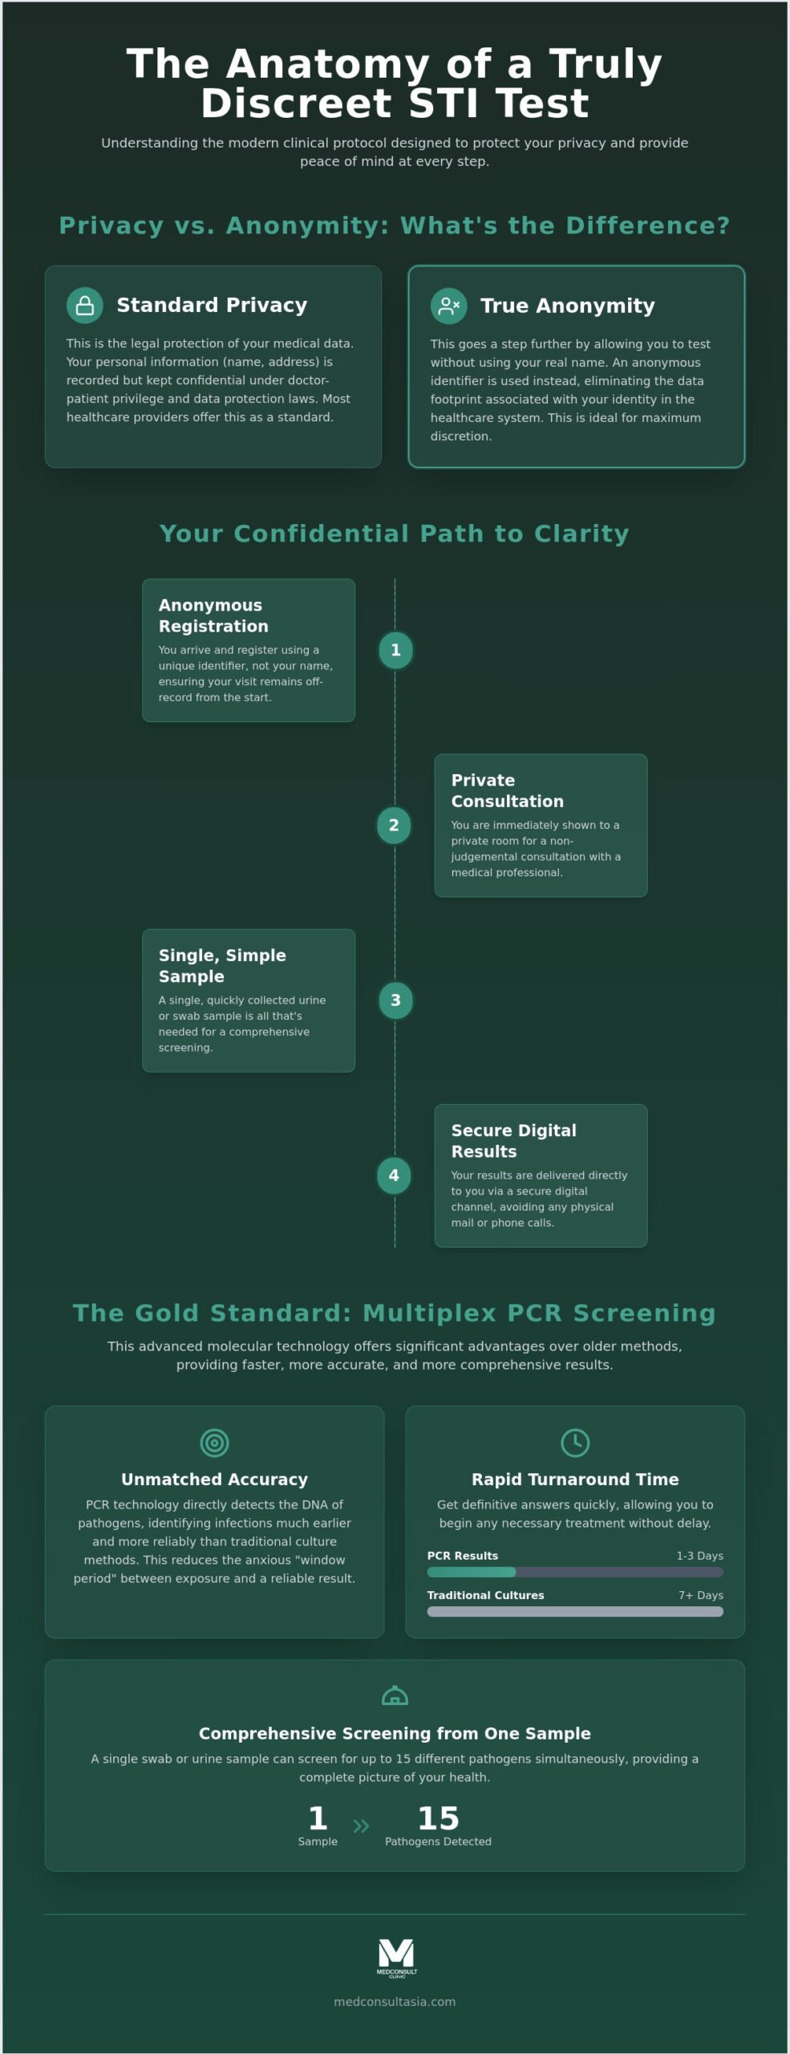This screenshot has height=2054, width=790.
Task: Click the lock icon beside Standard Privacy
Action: click(x=84, y=306)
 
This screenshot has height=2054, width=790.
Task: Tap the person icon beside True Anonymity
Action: click(x=448, y=306)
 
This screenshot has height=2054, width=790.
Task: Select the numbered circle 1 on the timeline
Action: click(x=395, y=650)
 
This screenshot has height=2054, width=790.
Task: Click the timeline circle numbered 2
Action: click(x=394, y=825)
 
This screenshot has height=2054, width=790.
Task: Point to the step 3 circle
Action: click(x=395, y=1000)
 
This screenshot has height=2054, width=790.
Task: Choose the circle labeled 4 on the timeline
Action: click(x=394, y=1175)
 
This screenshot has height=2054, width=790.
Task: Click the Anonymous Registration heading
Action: click(x=213, y=615)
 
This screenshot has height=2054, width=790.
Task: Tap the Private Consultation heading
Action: click(x=507, y=790)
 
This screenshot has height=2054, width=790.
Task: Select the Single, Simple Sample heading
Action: click(x=222, y=965)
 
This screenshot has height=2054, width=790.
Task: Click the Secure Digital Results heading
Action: click(x=513, y=1140)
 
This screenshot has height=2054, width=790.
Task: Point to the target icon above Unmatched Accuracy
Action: click(x=214, y=1443)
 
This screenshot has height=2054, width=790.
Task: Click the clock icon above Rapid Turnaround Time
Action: click(x=575, y=1443)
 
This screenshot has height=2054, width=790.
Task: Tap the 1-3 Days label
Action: click(x=699, y=1555)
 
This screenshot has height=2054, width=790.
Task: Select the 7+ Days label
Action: click(x=701, y=1594)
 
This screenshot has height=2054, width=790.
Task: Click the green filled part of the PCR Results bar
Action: click(x=472, y=1572)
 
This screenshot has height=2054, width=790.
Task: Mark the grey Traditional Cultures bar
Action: click(x=575, y=1611)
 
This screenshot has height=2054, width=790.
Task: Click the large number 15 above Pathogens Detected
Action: click(x=438, y=1817)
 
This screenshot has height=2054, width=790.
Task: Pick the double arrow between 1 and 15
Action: click(x=361, y=1826)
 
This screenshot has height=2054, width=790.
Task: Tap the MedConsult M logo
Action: click(x=396, y=1959)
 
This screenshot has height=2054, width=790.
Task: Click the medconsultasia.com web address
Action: click(x=395, y=2001)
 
